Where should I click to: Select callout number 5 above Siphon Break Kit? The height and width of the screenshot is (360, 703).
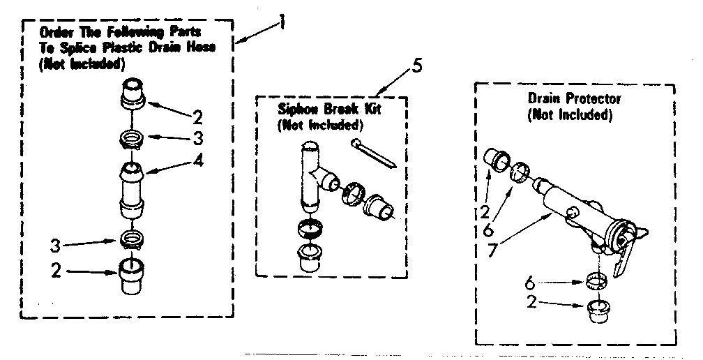coord(416,67)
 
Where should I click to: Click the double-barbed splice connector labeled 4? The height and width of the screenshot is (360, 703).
coord(133,188)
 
